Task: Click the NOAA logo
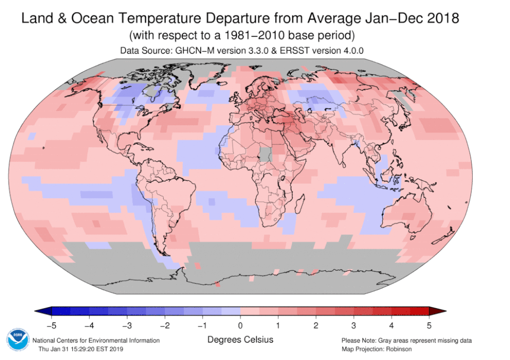(16, 342)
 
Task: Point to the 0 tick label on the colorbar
(240, 327)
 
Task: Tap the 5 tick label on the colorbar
(429, 327)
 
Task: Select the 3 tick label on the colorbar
(354, 327)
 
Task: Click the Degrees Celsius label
(240, 340)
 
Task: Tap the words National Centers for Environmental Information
(96, 341)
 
